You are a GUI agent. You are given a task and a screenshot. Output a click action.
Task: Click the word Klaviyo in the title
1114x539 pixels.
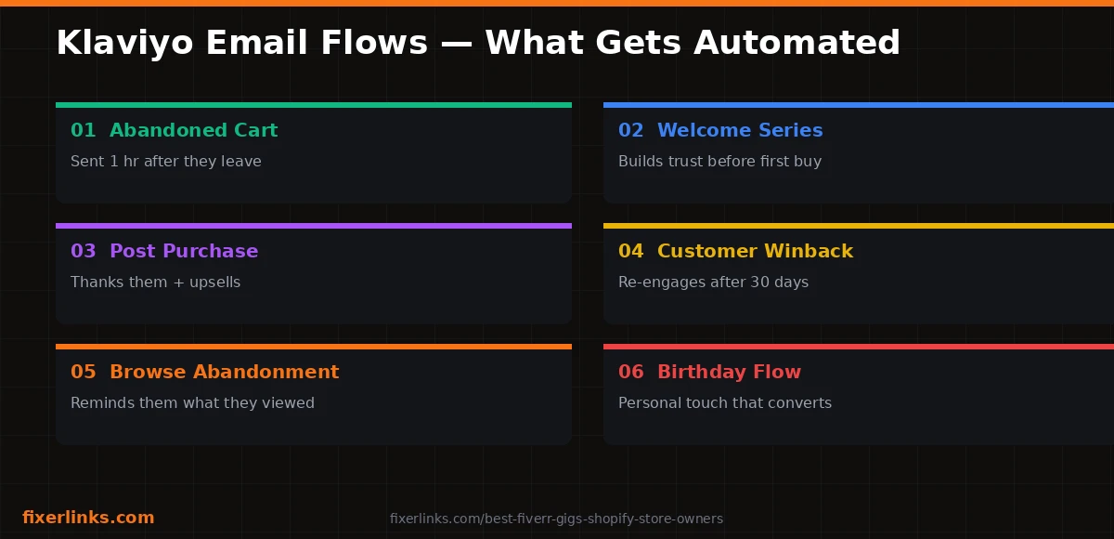click(124, 44)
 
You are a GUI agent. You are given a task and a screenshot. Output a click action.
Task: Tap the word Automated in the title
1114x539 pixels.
click(797, 43)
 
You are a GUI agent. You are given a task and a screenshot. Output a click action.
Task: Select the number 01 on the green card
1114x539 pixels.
click(83, 130)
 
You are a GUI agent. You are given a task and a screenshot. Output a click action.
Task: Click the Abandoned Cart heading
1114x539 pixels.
click(193, 130)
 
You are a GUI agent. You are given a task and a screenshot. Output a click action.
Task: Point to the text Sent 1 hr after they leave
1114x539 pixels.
click(166, 162)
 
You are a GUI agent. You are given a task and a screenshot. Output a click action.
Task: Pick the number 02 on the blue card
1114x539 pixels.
click(630, 130)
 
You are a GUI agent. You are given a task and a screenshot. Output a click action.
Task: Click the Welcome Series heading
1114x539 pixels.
click(740, 130)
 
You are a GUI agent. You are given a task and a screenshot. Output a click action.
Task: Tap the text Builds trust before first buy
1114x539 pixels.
click(719, 162)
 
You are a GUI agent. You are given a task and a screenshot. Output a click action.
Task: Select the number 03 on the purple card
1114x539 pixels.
click(83, 251)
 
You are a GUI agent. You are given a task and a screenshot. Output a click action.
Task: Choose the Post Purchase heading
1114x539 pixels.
click(184, 251)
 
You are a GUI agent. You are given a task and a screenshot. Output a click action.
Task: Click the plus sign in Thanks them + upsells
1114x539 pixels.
click(178, 283)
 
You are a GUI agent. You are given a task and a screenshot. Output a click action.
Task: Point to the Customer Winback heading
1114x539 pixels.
click(756, 251)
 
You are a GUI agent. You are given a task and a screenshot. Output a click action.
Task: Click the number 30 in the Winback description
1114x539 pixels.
click(760, 283)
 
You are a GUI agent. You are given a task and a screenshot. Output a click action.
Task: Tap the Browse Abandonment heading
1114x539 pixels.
click(225, 373)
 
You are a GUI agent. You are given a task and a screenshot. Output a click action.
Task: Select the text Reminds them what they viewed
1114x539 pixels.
click(192, 402)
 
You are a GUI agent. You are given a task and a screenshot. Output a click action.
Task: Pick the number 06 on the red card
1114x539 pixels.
click(630, 373)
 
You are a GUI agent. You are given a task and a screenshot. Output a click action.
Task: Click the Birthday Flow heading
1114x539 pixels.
click(729, 373)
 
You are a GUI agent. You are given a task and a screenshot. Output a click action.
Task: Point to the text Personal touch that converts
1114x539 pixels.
click(725, 402)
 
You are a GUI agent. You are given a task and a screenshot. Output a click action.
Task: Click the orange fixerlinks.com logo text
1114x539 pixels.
click(88, 518)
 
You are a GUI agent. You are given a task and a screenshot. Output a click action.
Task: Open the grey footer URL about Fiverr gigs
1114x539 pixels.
click(556, 519)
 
